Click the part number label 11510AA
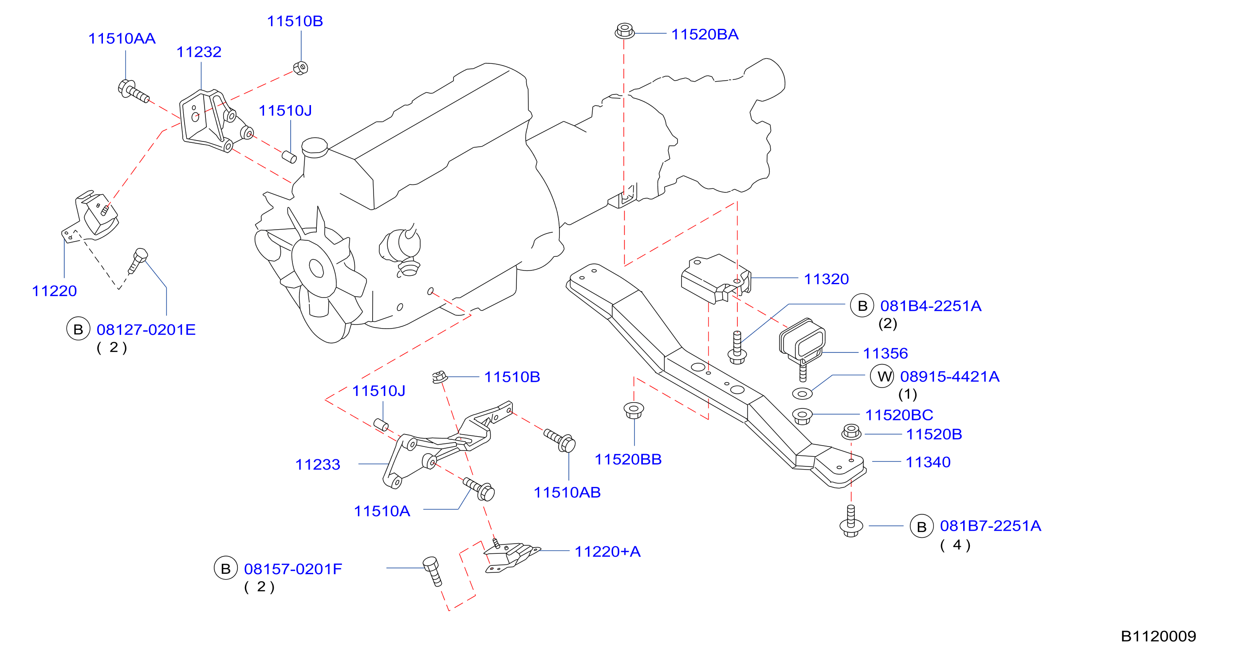click(x=122, y=39)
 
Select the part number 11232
click(x=199, y=52)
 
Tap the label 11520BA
click(x=705, y=35)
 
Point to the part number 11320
click(x=826, y=279)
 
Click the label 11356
click(x=885, y=353)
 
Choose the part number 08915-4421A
click(x=949, y=376)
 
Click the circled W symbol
click(x=882, y=376)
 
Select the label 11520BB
click(x=628, y=460)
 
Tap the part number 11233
click(x=318, y=465)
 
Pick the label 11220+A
click(x=607, y=552)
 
